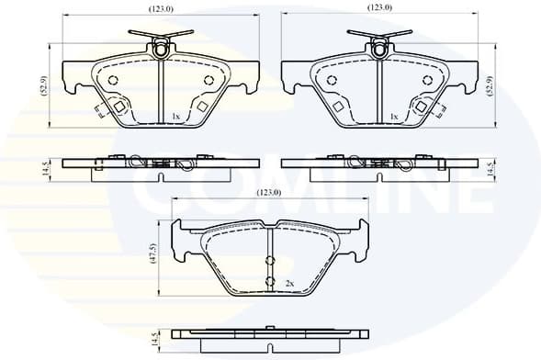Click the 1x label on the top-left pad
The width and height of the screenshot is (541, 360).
coord(175,117)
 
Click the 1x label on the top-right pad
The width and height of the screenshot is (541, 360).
coord(394,117)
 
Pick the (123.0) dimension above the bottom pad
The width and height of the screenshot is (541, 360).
coord(269,193)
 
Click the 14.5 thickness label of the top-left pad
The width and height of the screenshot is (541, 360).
coord(42,167)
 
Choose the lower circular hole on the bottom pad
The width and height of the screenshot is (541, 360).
coord(270,282)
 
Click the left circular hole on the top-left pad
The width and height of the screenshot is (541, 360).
coord(114,80)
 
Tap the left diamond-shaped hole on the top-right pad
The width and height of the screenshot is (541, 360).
coord(337,107)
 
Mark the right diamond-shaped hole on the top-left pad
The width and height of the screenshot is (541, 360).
coord(203,107)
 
